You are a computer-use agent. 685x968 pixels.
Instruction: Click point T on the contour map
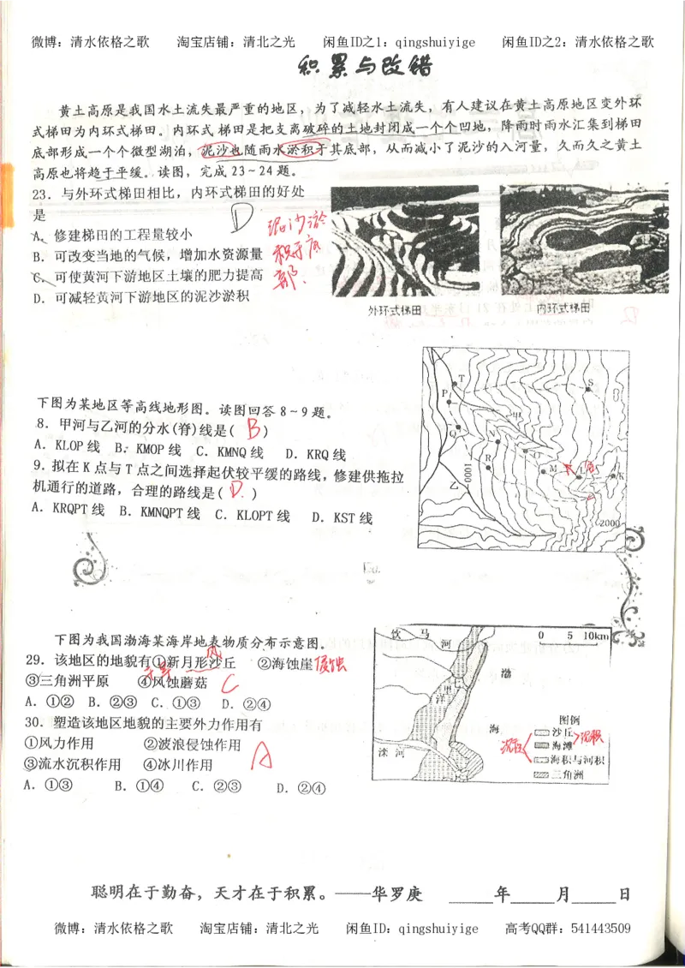462,378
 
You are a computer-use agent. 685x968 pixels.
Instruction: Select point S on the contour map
589,382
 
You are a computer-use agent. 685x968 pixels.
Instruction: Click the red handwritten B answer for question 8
253,429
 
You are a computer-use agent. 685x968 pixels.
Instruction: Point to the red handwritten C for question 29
229,683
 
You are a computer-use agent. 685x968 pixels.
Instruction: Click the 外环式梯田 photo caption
395,309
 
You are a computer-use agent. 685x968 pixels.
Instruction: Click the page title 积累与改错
365,67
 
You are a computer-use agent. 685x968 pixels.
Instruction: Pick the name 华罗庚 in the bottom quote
397,894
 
